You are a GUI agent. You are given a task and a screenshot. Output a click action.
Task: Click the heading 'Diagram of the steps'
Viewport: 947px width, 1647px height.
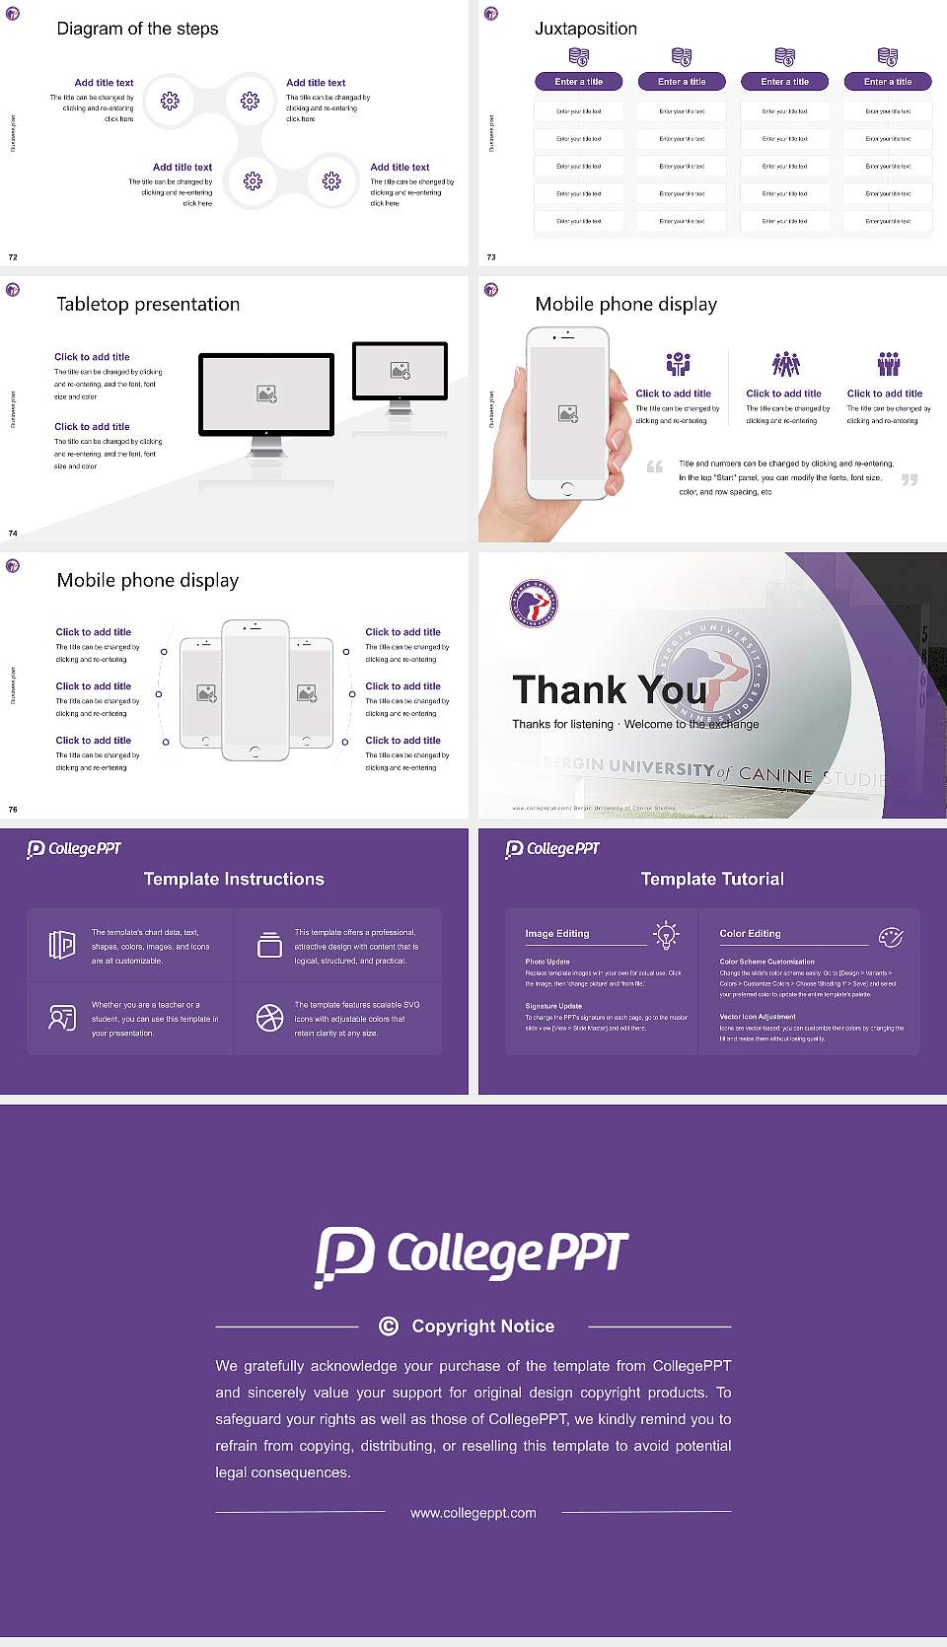coord(137,29)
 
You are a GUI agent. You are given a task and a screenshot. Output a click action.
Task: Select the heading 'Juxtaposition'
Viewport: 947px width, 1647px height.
coord(585,29)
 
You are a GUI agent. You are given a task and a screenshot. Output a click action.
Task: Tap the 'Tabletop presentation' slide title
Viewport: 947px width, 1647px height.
coord(148,304)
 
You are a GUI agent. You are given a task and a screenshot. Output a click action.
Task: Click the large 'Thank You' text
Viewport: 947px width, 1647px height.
coord(609,689)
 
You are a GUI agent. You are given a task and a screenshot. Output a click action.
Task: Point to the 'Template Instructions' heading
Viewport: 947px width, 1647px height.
coord(234,879)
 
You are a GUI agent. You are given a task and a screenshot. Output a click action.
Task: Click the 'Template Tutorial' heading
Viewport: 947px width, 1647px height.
coord(712,879)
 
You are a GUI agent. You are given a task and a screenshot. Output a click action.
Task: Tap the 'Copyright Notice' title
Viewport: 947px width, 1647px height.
coord(482,1326)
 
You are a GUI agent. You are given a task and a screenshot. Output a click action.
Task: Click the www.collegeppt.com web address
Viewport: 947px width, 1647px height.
coord(473,1513)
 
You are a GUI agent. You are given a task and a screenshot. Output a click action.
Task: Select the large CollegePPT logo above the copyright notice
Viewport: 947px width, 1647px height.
coord(472,1255)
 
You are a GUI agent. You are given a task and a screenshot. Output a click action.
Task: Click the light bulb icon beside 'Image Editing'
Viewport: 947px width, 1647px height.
coord(666,935)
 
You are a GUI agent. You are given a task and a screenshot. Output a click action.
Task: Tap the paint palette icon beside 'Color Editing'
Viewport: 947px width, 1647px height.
coord(891,937)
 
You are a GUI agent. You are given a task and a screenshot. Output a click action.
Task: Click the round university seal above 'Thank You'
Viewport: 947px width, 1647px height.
coord(534,603)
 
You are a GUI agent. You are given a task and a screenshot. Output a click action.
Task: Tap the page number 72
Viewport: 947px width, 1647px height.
coord(13,257)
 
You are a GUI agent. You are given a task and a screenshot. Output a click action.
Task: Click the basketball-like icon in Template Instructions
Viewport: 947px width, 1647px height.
coord(269,1018)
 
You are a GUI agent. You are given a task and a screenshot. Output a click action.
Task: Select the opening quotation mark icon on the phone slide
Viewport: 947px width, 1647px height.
coord(655,466)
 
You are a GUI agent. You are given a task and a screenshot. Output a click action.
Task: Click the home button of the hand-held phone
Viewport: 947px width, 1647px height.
coord(566,488)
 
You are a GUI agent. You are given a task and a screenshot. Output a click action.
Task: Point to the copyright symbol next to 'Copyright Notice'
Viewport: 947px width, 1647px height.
coord(389,1326)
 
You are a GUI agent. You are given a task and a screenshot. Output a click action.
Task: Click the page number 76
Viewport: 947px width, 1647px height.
coord(13,810)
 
